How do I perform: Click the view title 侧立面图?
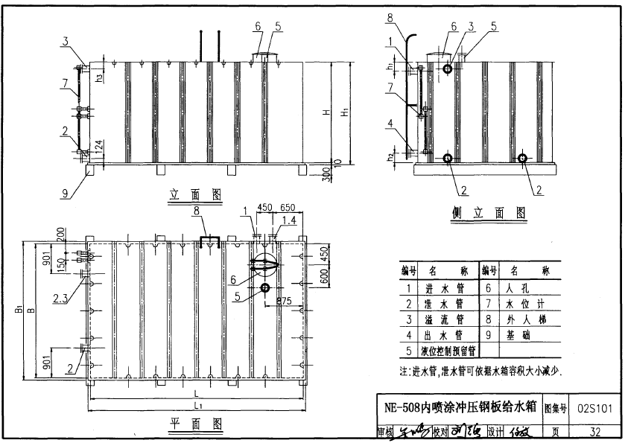coord(489,213)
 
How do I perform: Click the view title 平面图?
coord(197,424)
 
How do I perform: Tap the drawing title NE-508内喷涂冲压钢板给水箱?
coord(460,408)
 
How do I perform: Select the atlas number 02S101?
coord(594,408)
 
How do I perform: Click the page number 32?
coord(594,432)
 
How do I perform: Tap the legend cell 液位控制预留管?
coord(450,350)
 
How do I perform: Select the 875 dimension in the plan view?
coord(282,300)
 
